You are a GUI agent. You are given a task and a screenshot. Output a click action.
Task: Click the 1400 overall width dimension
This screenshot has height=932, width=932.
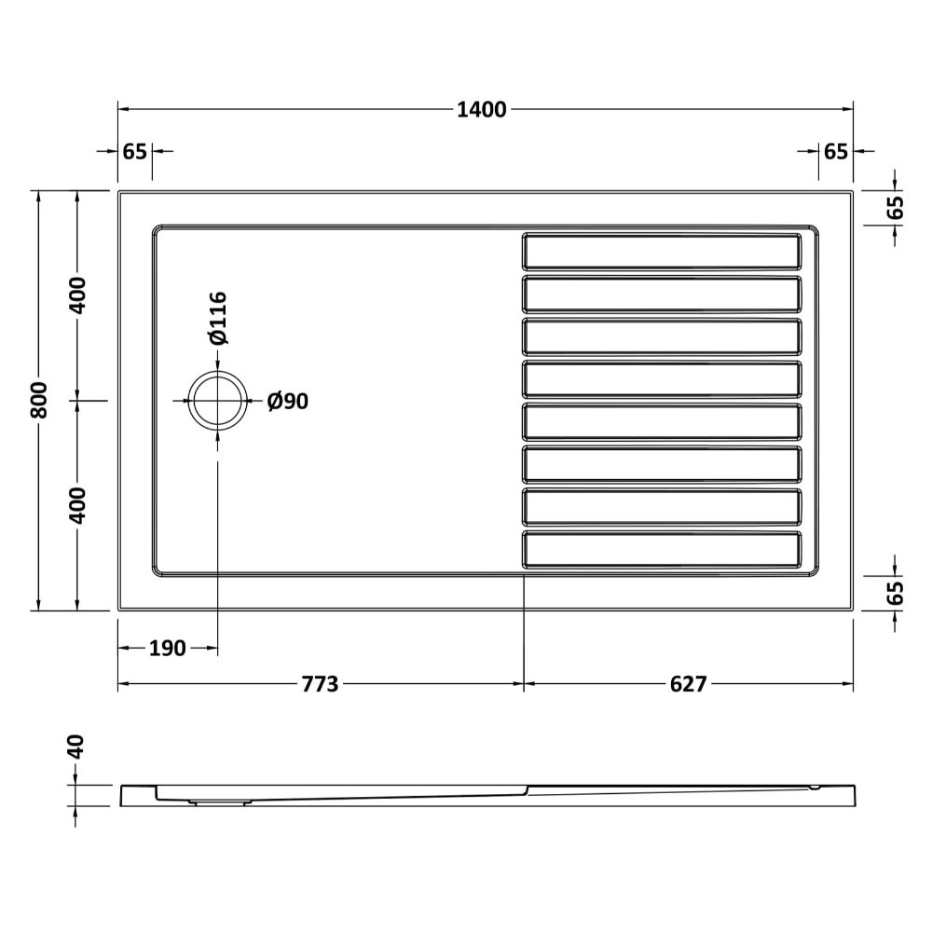pyautogui.click(x=482, y=110)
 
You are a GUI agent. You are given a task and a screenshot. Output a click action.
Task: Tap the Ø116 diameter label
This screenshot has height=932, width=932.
pyautogui.click(x=218, y=318)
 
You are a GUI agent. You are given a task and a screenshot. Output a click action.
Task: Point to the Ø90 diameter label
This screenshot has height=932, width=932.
pyautogui.click(x=288, y=401)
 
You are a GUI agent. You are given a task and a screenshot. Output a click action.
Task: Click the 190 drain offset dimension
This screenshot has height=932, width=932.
pyautogui.click(x=167, y=648)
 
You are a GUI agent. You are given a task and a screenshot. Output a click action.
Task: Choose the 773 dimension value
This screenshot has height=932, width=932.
pyautogui.click(x=320, y=684)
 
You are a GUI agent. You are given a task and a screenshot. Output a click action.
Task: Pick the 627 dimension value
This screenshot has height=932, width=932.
pyautogui.click(x=689, y=684)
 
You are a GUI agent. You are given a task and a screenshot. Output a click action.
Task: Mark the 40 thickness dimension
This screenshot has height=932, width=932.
pyautogui.click(x=76, y=747)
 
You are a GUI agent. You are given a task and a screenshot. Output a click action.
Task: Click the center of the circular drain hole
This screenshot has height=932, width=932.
pyautogui.click(x=217, y=400)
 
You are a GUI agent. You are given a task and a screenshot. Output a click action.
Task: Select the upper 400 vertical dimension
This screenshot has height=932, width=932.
pyautogui.click(x=77, y=295)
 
